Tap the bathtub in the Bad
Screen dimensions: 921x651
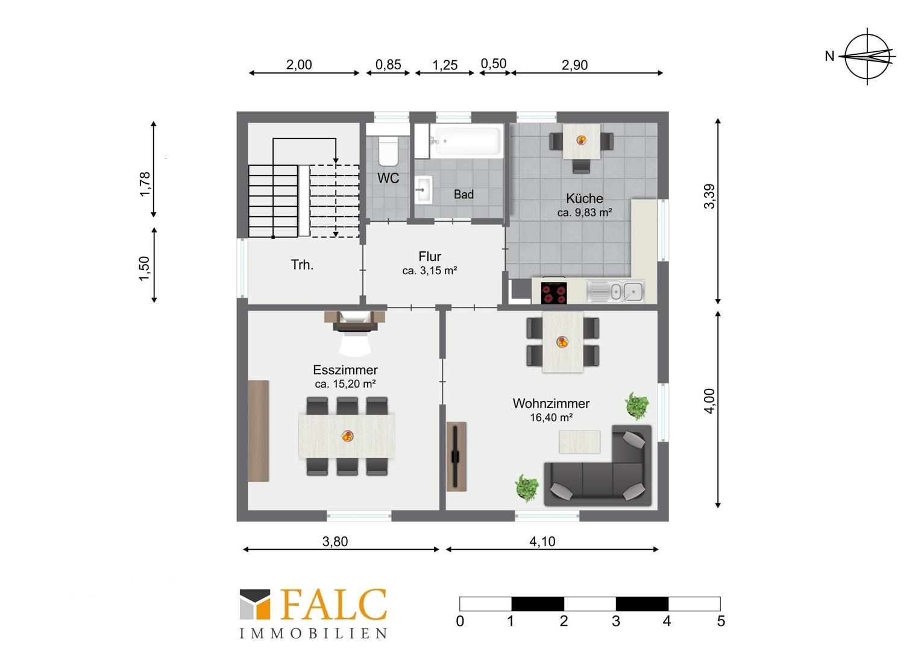pos(467,141)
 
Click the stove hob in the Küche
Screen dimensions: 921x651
pos(554,292)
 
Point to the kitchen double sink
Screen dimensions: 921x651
pos(615,291)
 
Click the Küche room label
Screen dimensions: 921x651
pos(584,198)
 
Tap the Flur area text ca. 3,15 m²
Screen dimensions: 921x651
pos(430,271)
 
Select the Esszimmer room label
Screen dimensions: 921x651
pos(345,370)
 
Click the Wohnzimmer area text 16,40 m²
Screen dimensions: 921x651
pos(551,417)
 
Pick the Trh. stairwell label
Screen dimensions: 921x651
pos(302,265)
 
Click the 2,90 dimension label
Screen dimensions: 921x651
pos(575,64)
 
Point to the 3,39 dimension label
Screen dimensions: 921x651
pos(709,197)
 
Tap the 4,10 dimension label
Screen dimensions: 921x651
pos(542,541)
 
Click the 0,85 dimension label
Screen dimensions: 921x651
pos(388,64)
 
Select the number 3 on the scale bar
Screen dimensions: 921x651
pos(615,621)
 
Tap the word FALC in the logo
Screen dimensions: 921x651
pos(334,605)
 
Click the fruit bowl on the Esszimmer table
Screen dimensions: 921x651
pos(347,436)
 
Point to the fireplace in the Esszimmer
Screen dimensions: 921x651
pos(355,321)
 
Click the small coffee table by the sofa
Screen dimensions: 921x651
pos(579,442)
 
